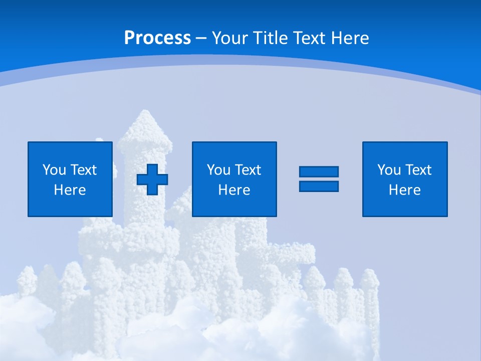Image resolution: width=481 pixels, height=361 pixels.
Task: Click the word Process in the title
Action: coord(157,38)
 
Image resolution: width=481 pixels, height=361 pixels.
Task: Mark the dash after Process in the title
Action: coord(201,38)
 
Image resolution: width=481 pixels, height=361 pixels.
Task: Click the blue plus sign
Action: coord(152,179)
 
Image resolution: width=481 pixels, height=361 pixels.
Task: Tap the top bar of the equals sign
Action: coord(319,171)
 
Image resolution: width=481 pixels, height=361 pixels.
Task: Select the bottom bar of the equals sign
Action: coord(319,186)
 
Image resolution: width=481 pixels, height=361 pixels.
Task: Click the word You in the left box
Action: coord(54,169)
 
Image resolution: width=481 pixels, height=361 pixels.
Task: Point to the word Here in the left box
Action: coord(70,190)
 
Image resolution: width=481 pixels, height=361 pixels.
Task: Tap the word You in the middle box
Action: coord(218,169)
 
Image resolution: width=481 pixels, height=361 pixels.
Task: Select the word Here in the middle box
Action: coord(234,190)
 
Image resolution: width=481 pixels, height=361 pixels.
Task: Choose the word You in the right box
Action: coord(389,169)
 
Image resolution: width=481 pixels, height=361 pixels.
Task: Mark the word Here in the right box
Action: coord(404,190)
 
